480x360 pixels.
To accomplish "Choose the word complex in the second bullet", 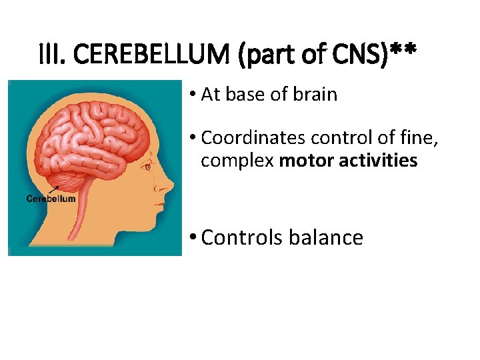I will click(x=237, y=161).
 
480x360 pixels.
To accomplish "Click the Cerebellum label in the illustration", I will click(x=51, y=199).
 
